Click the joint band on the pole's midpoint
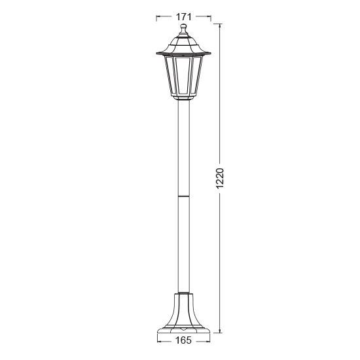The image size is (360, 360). click(x=183, y=195)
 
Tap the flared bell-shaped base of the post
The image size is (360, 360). click(x=183, y=308)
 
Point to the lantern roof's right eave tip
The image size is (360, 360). click(x=210, y=52)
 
